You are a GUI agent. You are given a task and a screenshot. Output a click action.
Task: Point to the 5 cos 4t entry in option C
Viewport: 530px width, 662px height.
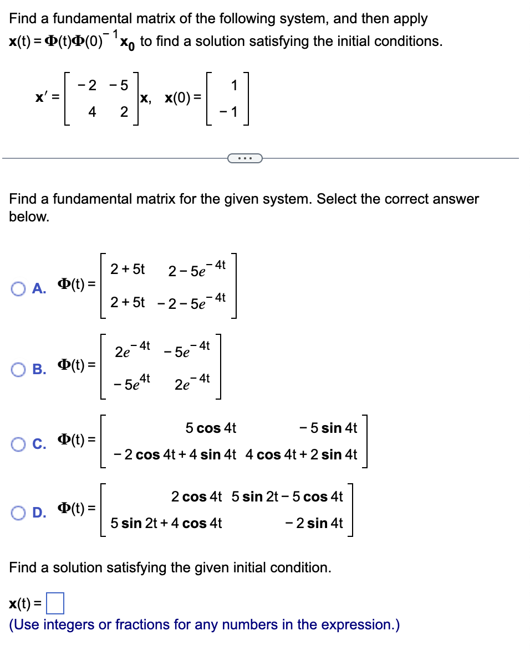(211, 428)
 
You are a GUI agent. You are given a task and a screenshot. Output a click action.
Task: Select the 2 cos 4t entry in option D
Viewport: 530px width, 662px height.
(196, 497)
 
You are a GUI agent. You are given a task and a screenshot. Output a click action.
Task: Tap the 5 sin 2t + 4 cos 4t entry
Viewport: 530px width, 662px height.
(166, 523)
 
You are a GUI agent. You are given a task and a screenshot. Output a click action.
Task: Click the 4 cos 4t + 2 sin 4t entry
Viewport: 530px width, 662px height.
(301, 455)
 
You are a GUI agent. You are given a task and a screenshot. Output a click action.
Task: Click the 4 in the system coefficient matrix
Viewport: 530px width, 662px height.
(92, 112)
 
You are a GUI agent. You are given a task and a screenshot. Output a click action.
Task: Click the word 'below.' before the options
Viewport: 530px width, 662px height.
(29, 216)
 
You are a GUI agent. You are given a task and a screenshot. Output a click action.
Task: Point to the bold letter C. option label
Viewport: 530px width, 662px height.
(38, 441)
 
